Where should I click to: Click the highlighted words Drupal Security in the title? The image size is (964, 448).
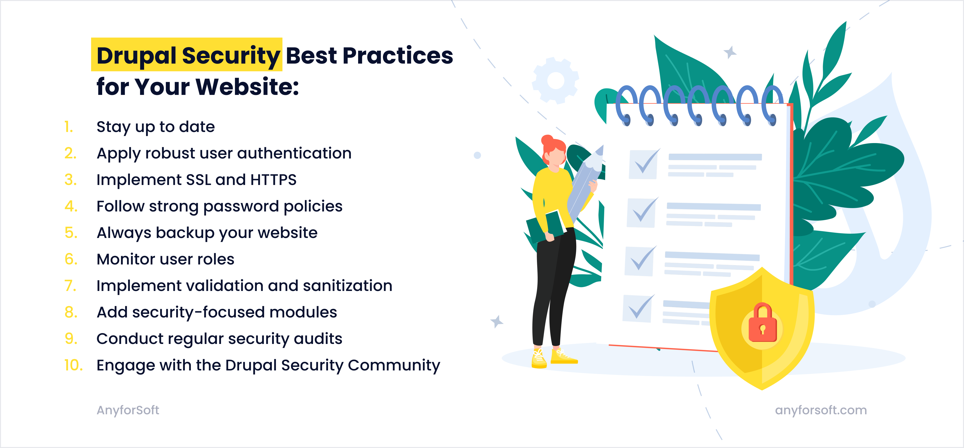pyautogui.click(x=187, y=55)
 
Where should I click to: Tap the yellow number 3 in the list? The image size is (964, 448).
pyautogui.click(x=70, y=180)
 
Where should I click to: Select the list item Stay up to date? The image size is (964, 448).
pyautogui.click(x=155, y=127)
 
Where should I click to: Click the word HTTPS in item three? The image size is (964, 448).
pyautogui.click(x=273, y=180)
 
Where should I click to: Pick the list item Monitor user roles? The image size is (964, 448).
pyautogui.click(x=165, y=259)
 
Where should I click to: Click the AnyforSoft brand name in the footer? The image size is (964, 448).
pyautogui.click(x=128, y=410)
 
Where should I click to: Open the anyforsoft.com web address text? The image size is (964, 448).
pyautogui.click(x=821, y=410)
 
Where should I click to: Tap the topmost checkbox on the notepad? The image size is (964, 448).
pyautogui.click(x=643, y=164)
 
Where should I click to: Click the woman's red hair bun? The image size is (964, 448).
pyautogui.click(x=547, y=141)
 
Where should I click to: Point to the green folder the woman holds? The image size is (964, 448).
pyautogui.click(x=544, y=226)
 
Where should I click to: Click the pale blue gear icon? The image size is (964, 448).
pyautogui.click(x=555, y=80)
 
